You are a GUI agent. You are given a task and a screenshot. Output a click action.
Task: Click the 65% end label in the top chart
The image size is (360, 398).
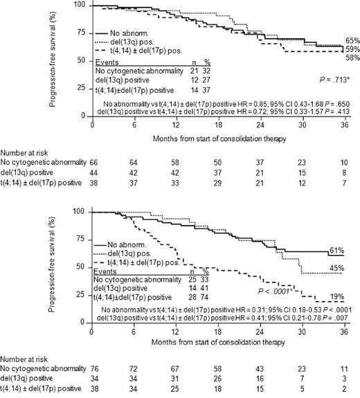click(x=351, y=41)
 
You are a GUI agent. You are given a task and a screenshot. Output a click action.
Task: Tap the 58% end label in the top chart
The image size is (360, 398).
click(x=351, y=59)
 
